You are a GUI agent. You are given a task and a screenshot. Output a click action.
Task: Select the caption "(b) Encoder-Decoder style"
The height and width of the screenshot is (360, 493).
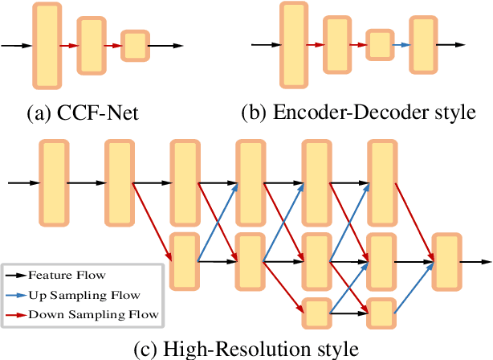click(359, 113)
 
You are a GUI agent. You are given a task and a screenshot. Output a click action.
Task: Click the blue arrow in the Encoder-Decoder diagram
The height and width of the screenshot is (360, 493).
click(403, 45)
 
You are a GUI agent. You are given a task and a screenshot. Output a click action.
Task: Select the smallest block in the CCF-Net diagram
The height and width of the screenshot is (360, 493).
click(135, 46)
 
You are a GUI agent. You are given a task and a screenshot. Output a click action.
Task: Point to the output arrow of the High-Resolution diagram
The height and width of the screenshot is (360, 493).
click(475, 261)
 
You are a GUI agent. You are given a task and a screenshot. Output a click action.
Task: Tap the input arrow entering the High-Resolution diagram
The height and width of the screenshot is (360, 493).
click(22, 183)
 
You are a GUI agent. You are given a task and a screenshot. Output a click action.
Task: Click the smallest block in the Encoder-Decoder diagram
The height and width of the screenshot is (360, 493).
click(379, 45)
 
